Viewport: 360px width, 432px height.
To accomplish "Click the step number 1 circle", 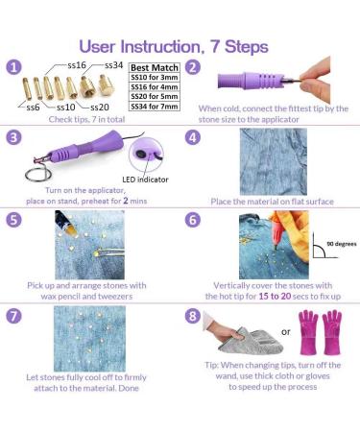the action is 13,67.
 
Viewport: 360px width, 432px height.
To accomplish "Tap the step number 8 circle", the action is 193,316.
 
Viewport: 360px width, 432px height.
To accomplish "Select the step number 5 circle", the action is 13,220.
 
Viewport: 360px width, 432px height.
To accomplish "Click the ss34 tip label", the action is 113,65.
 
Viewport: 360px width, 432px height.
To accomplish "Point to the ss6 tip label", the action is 33,108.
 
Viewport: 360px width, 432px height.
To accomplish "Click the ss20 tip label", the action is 100,108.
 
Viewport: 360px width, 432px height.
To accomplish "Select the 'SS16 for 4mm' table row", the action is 155,87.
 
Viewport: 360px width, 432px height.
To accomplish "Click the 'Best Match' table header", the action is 155,67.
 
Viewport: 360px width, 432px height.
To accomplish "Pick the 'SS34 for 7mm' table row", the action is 155,107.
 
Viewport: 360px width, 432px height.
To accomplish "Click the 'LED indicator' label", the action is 145,180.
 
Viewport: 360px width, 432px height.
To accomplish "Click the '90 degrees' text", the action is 342,244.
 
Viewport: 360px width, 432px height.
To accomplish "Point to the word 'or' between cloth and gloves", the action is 285,332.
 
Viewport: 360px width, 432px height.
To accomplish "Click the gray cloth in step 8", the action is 252,342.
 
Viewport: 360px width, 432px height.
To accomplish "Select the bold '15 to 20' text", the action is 275,296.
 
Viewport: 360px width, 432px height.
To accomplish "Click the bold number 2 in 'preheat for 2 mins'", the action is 126,201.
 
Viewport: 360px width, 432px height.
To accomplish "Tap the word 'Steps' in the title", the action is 247,47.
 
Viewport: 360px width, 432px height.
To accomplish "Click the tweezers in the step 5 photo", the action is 109,252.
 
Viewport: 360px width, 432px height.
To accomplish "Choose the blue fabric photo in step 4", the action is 274,161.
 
